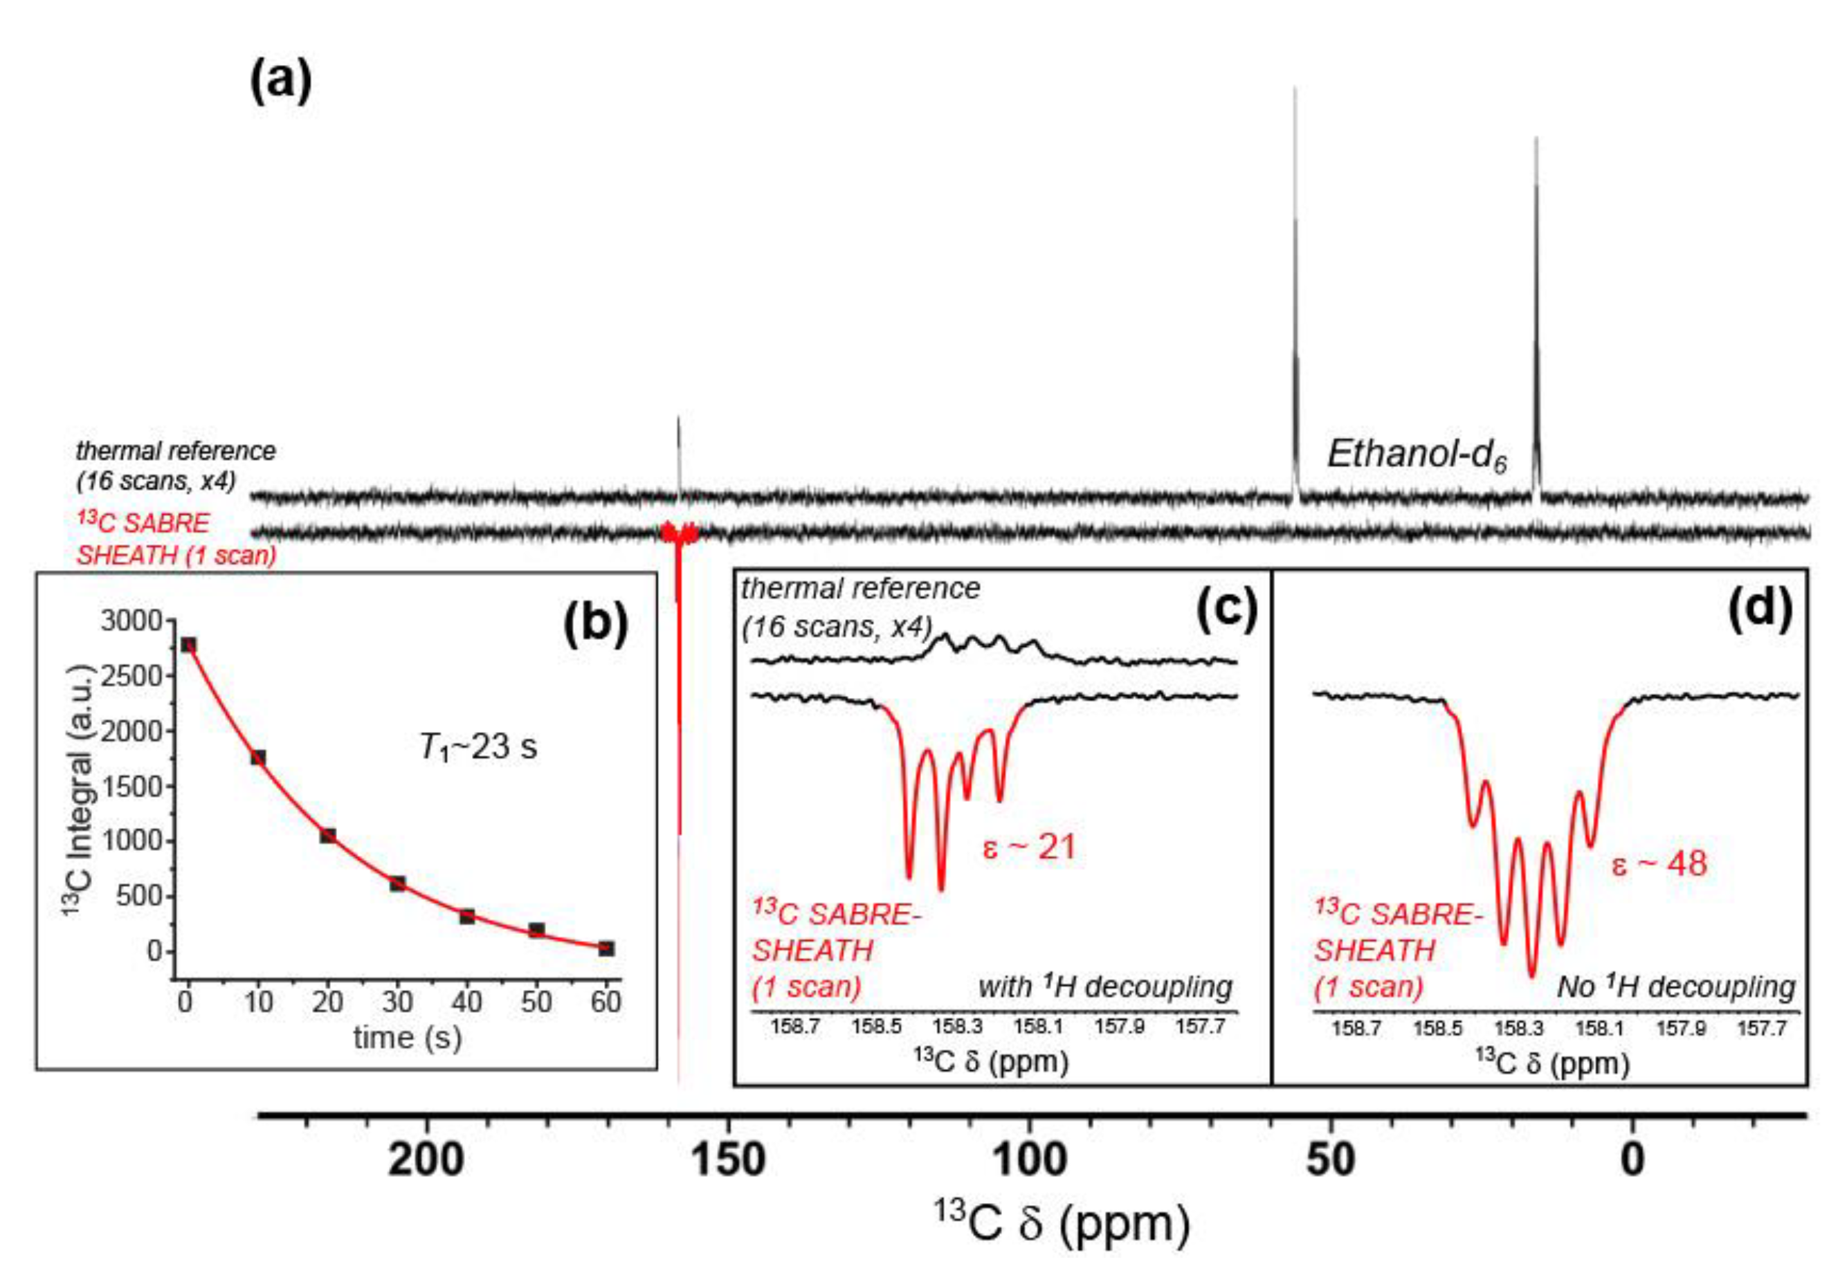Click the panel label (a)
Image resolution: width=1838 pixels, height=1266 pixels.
(281, 83)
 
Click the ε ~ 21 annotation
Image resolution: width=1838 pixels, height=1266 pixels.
(1029, 847)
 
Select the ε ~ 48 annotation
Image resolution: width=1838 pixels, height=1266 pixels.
(1659, 863)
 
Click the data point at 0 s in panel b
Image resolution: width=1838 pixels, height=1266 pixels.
(188, 645)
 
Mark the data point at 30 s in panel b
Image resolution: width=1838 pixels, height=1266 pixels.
(397, 883)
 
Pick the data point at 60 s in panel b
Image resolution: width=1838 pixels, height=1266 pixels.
(606, 948)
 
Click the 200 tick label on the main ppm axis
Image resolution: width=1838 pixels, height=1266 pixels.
(426, 1161)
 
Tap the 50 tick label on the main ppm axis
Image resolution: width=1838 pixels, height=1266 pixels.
(1330, 1161)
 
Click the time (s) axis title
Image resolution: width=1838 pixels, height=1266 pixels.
(407, 1038)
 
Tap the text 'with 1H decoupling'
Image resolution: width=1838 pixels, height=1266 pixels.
(1106, 987)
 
